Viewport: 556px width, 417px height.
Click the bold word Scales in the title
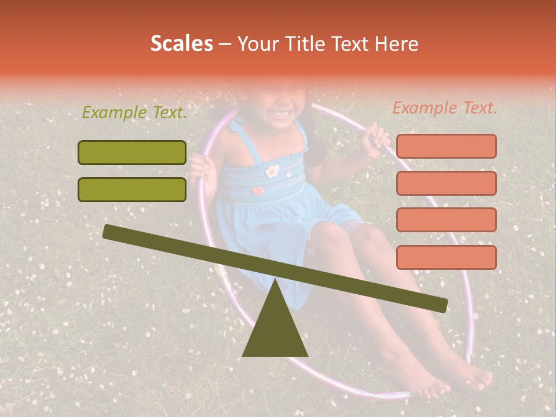[181, 44]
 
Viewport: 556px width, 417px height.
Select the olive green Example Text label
[134, 113]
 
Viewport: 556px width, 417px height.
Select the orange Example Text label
[445, 108]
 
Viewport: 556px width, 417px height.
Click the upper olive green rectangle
[132, 152]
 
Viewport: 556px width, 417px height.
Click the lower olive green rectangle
[132, 189]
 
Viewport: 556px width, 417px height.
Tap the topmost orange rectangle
[446, 146]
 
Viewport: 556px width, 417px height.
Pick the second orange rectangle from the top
[446, 183]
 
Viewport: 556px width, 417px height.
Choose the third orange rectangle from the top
[446, 220]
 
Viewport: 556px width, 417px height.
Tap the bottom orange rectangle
[446, 257]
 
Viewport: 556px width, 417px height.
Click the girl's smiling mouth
[282, 113]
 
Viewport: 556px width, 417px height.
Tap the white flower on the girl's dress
[272, 170]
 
